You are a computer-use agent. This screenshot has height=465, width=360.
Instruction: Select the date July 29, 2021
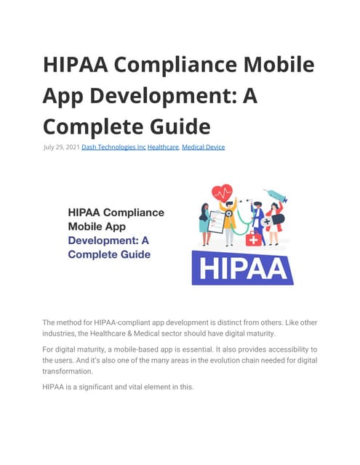[61, 147]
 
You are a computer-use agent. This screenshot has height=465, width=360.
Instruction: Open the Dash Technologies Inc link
[113, 147]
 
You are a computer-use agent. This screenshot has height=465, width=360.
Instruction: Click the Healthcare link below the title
[163, 147]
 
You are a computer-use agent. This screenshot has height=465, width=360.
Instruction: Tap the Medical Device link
[203, 147]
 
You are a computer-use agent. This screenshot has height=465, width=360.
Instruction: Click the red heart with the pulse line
[222, 194]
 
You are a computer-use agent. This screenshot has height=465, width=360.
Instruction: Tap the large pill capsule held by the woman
[278, 219]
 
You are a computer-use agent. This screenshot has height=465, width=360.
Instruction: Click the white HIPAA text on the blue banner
[242, 268]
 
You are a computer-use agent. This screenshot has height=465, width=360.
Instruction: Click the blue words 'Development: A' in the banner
[109, 240]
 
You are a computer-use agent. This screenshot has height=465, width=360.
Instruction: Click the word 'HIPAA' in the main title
[74, 64]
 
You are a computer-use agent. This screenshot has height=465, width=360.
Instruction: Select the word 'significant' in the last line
[92, 387]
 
